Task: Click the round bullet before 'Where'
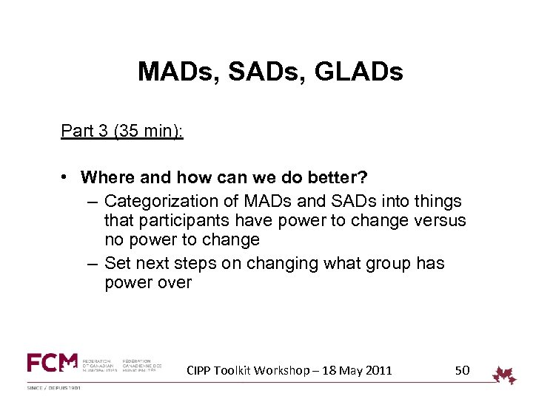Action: pyautogui.click(x=66, y=178)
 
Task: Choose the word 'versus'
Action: pyautogui.click(x=440, y=220)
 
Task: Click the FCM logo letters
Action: pyautogui.click(x=52, y=363)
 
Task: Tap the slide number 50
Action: pyautogui.click(x=462, y=369)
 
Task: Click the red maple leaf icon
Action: pyautogui.click(x=505, y=375)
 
